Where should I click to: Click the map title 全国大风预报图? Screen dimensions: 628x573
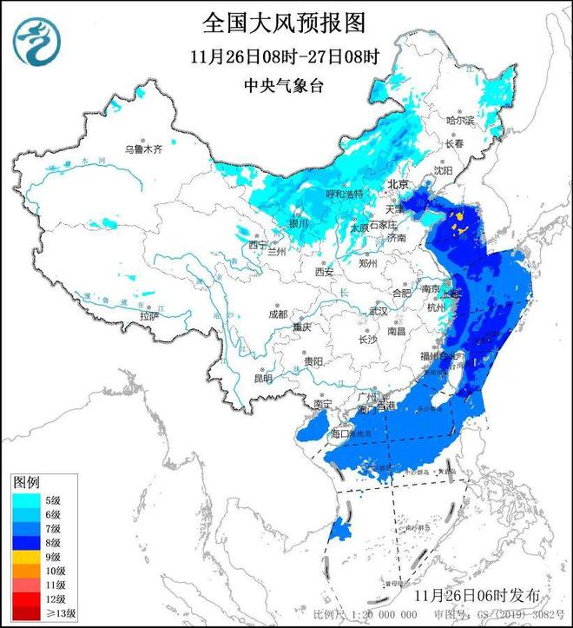coord(286,20)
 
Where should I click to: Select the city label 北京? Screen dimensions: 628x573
coord(398,184)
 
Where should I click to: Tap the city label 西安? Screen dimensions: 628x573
coord(325,272)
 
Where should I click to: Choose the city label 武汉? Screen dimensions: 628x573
coord(379,310)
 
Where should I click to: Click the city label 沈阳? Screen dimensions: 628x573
coord(444,171)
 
